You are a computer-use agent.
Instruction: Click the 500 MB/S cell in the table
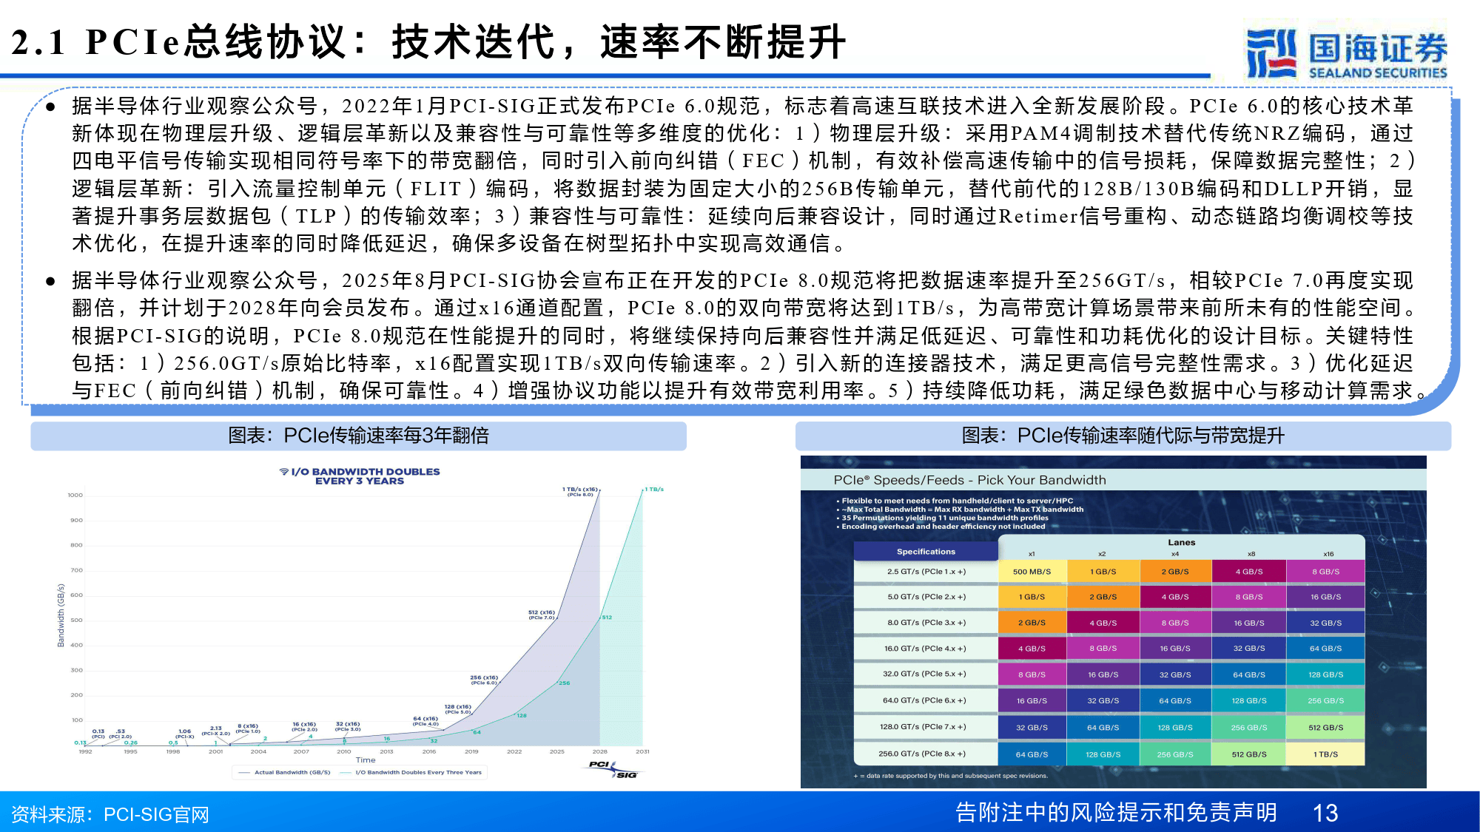coord(1032,572)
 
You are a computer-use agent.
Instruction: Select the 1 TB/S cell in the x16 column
coord(1325,754)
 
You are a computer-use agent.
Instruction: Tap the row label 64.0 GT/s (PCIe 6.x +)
coord(926,700)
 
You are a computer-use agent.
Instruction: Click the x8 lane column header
coord(1251,554)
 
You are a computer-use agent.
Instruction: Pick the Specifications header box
coord(926,552)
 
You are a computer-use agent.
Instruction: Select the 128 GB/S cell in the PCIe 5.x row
coord(1325,674)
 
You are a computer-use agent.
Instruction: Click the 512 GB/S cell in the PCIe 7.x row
coord(1325,728)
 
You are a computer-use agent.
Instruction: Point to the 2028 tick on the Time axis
coord(600,751)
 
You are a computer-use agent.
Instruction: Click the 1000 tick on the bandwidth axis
coord(75,495)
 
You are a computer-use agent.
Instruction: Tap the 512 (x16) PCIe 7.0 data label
coord(541,615)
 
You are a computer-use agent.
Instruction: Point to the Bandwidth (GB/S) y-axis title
coord(61,615)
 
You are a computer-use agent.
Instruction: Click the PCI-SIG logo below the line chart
coord(613,769)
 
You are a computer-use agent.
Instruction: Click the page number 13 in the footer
coord(1325,813)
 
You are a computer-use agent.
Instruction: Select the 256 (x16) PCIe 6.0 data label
coord(484,680)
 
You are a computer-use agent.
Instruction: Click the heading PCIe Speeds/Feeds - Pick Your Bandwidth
coord(969,480)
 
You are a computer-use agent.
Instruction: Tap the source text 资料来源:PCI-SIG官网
coord(110,814)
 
